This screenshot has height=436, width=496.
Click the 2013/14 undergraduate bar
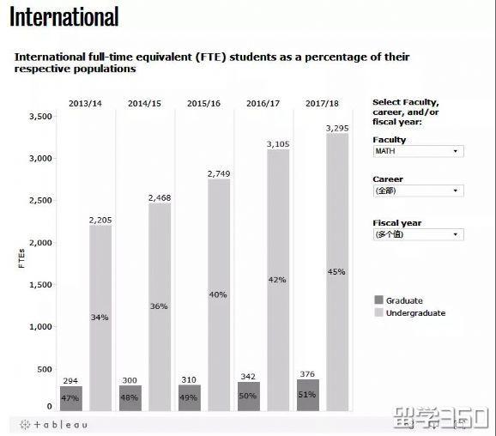pos(100,318)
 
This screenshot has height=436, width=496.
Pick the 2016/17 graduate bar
pos(249,396)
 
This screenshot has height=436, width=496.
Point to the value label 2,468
pos(160,198)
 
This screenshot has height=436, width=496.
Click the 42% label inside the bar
pos(277,280)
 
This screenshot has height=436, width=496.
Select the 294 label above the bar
pos(71,379)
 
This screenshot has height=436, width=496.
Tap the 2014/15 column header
pos(144,104)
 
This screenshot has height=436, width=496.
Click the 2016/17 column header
pos(263,104)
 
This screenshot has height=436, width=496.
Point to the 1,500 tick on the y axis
pos(40,285)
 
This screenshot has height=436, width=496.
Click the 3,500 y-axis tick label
pos(40,117)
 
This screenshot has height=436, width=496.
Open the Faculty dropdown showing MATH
pos(418,151)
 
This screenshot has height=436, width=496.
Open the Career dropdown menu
pos(418,191)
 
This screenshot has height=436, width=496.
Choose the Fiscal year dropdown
pos(418,234)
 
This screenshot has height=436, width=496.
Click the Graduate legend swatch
pos(378,300)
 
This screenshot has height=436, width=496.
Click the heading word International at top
pos(64,16)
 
